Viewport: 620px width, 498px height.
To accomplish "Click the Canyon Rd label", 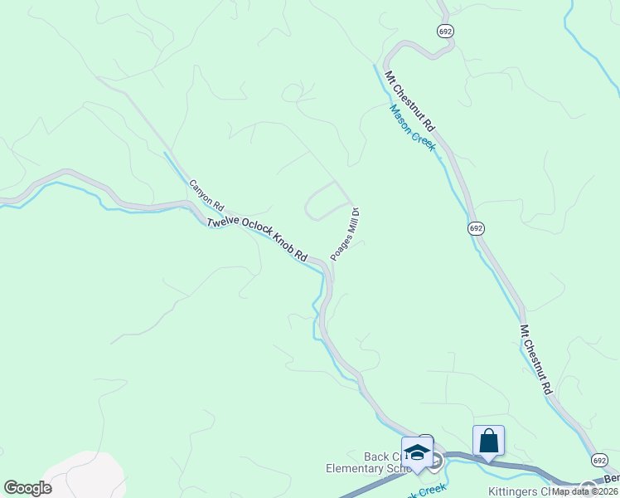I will point(206,194).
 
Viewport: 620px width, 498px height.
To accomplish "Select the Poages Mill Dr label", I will point(344,234).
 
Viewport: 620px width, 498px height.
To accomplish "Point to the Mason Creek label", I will point(413,124).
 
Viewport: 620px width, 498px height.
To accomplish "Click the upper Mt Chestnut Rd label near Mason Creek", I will point(409,100).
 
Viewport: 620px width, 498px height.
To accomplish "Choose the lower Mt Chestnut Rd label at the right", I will point(536,359).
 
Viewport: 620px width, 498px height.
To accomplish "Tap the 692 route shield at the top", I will point(445,31).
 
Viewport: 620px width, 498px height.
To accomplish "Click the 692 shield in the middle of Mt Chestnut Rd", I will point(475,228).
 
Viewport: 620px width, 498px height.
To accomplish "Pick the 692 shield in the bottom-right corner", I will point(599,460).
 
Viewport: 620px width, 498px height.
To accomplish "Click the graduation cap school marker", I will point(417,452).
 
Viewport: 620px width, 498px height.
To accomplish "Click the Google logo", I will point(27,488).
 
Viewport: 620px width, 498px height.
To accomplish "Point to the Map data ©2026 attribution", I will point(584,491).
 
